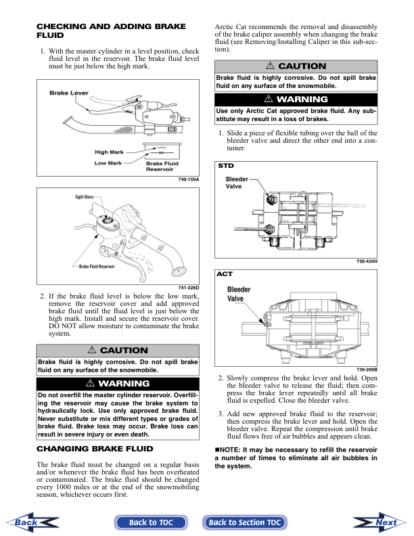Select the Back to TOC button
(x=152, y=522)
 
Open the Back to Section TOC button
(x=244, y=522)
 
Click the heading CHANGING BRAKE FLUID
(x=94, y=449)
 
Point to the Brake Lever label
(x=69, y=93)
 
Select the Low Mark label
(x=108, y=163)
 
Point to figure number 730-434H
(x=366, y=261)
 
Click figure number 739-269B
(x=366, y=369)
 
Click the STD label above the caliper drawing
(x=225, y=165)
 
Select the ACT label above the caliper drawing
(x=225, y=274)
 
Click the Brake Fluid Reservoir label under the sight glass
(x=97, y=267)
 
